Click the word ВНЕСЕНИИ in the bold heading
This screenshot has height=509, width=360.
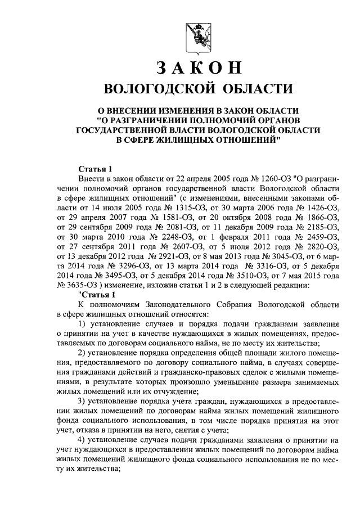[146, 110]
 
